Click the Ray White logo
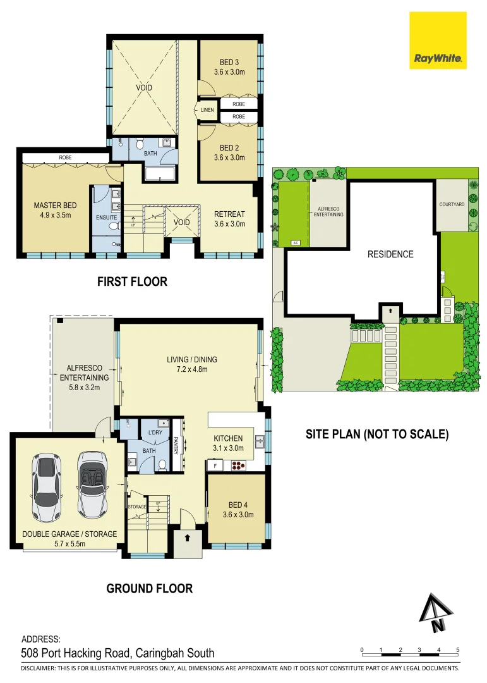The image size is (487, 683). click(x=438, y=40)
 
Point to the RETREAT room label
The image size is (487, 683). click(x=229, y=219)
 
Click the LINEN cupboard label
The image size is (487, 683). click(x=208, y=110)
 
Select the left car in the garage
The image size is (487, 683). click(x=47, y=481)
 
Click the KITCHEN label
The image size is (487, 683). click(x=228, y=443)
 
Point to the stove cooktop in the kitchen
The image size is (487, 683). click(x=238, y=467)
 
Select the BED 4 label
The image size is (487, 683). click(x=237, y=510)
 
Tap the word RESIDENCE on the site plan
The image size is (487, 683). click(x=390, y=254)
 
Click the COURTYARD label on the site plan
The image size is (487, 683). click(x=452, y=205)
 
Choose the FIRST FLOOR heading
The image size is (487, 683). click(x=132, y=282)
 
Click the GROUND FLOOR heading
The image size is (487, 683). click(x=149, y=589)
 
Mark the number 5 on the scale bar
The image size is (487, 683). click(x=457, y=649)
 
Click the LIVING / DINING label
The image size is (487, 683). click(x=187, y=365)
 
